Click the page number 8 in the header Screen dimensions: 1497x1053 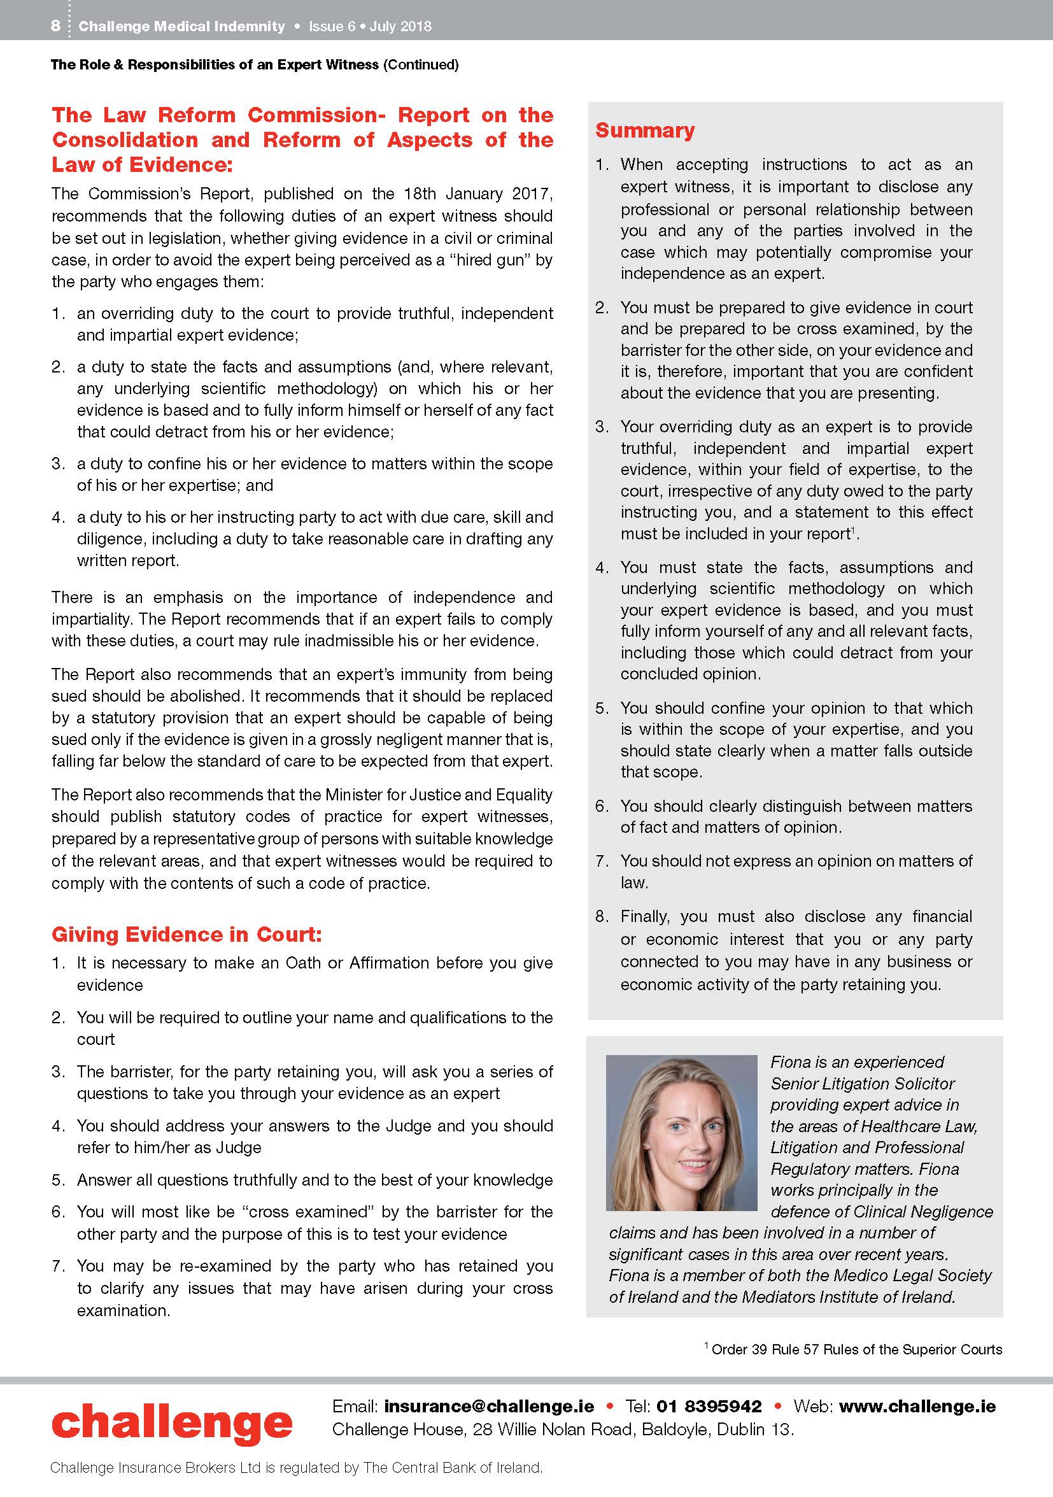pos(55,26)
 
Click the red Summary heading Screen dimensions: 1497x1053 pos(645,131)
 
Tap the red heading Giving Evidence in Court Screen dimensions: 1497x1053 pos(187,934)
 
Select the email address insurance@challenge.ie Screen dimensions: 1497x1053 pos(489,1406)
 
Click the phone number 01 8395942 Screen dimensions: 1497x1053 pos(709,1406)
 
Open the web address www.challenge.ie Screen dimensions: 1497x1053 pos(917,1406)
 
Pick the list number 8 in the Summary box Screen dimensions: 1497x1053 pos(601,916)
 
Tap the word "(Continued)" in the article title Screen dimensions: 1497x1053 pos(421,64)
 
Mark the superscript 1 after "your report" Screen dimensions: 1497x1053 pos(853,529)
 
